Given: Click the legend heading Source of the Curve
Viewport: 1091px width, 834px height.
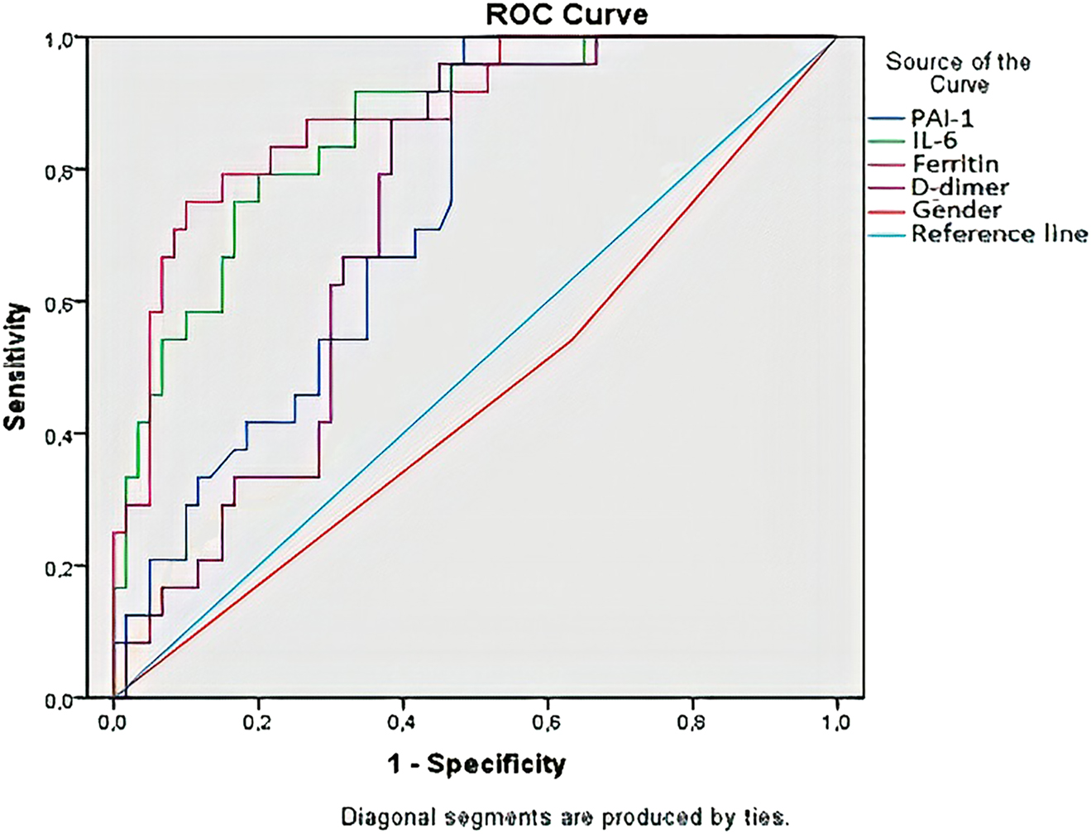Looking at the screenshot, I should pos(958,73).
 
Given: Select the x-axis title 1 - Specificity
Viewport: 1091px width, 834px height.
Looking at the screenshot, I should pos(477,764).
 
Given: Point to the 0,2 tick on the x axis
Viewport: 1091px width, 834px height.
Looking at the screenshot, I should pos(258,724).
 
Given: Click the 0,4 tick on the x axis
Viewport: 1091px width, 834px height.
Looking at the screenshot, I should pos(403,724).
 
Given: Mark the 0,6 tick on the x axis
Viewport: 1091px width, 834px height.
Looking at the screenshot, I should pos(548,724).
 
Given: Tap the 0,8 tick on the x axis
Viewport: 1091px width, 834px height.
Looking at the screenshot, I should pos(692,724).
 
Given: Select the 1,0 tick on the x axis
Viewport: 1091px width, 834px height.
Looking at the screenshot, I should pos(837,724).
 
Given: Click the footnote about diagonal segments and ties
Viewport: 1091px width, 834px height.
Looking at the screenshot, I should pos(566,818).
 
